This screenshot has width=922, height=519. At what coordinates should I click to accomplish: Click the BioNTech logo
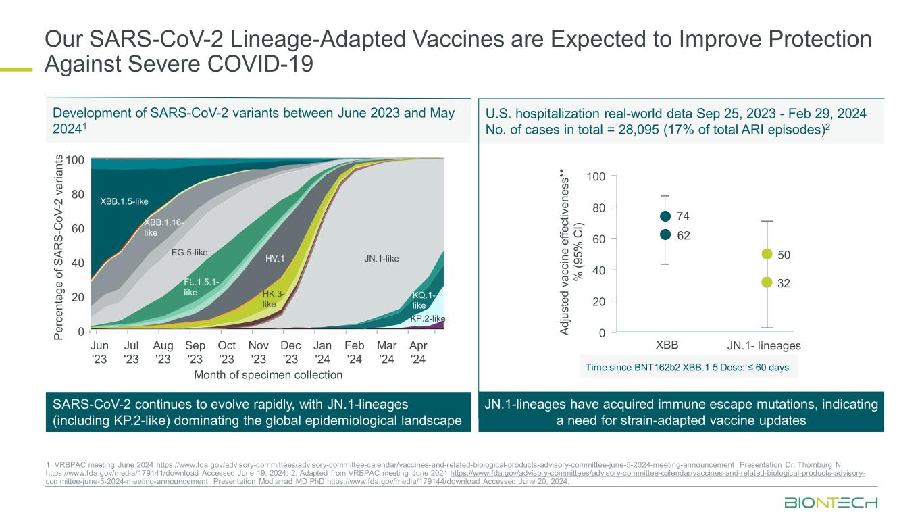[830, 503]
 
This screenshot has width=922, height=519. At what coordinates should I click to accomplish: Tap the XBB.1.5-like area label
[124, 201]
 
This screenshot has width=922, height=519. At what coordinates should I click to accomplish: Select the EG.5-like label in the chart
[189, 253]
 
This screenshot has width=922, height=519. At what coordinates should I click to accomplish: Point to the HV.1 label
[275, 258]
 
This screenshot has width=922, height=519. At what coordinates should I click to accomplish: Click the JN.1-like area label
[382, 258]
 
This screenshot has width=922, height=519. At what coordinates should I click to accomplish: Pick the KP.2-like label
[428, 318]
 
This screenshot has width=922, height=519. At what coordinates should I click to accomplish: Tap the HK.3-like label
[273, 299]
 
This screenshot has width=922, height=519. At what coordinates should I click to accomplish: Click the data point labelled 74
[665, 216]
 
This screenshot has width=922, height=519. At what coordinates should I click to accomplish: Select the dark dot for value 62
[665, 234]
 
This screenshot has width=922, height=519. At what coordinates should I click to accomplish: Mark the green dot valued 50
[767, 254]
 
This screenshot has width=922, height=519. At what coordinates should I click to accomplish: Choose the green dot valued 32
[767, 282]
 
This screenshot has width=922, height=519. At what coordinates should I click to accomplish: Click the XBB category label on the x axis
[667, 345]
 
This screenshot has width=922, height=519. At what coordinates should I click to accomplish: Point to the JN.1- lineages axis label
[764, 345]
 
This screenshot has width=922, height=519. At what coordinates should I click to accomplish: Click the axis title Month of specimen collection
[268, 375]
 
